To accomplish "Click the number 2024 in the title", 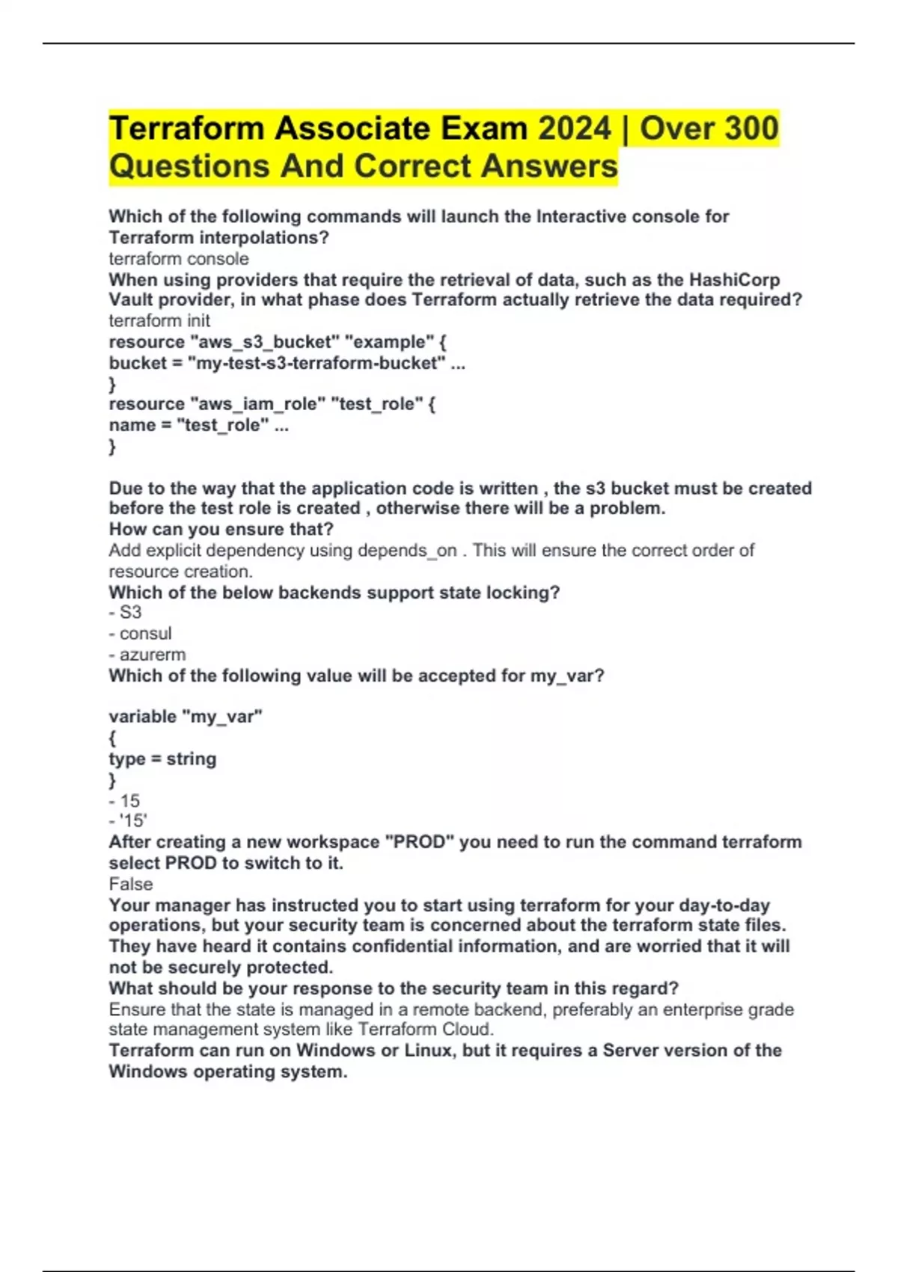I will pos(574,128).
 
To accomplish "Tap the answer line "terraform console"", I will pos(179,259).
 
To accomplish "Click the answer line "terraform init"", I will pos(159,321).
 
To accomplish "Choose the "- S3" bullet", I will pos(125,613).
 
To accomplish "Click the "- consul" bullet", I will pos(140,634).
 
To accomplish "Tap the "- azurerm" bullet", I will pos(147,655).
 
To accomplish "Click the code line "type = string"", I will pos(162,759).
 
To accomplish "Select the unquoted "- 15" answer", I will pos(124,801).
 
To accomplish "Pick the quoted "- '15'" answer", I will pos(128,821).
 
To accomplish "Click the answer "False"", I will pos(131,884).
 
